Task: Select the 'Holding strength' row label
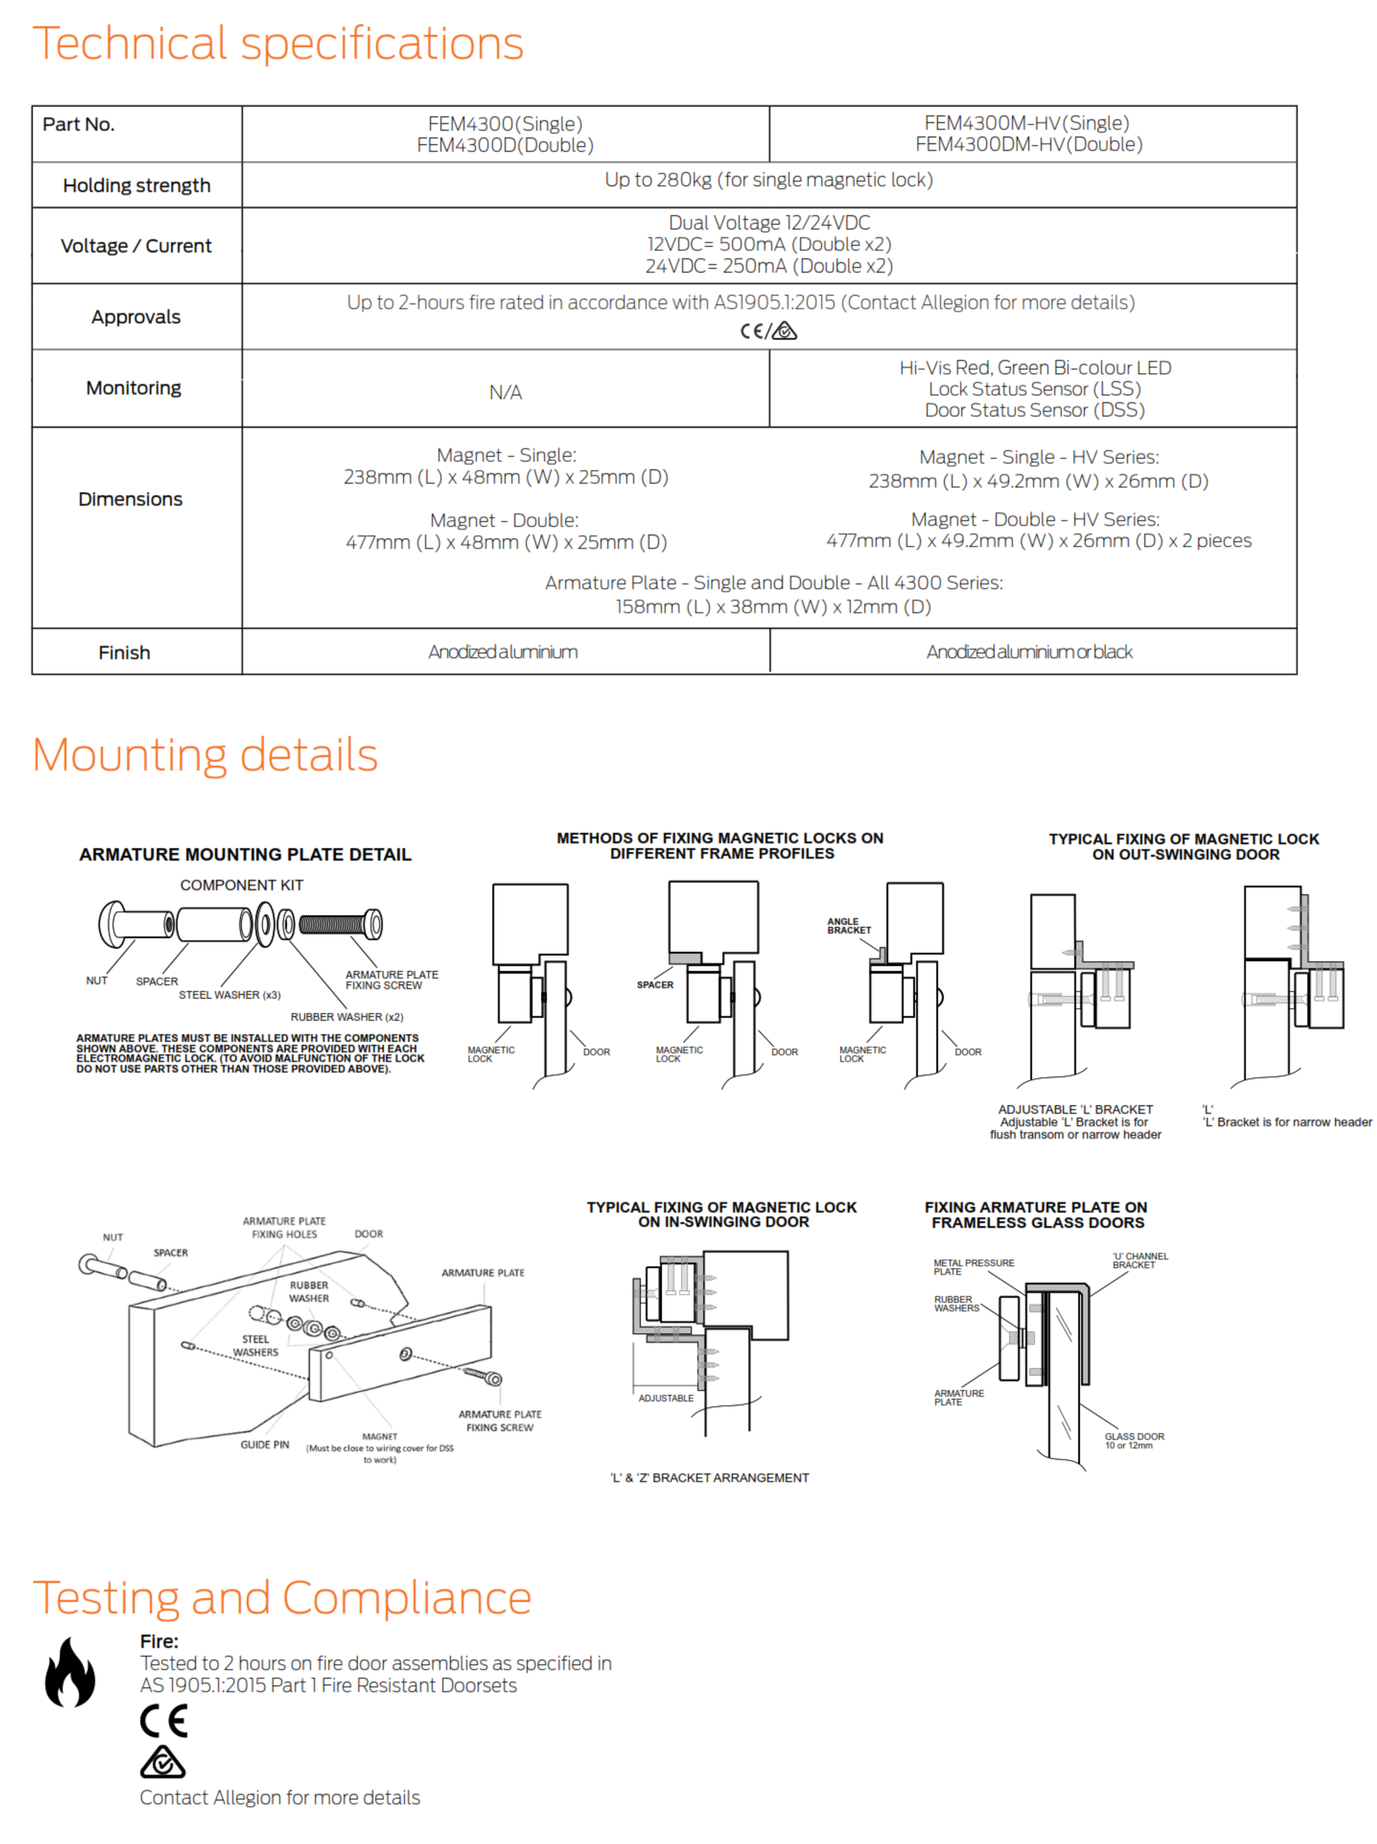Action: [x=137, y=185]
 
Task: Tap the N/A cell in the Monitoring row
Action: [x=505, y=393]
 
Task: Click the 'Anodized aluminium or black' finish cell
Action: [x=1029, y=652]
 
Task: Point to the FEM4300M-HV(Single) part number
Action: [x=1027, y=123]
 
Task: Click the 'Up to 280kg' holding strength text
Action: [x=768, y=180]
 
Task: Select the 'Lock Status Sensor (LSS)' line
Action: [x=1034, y=389]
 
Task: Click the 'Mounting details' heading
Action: [x=205, y=754]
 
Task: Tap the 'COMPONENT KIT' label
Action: [x=242, y=886]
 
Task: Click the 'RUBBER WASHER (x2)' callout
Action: [x=346, y=1017]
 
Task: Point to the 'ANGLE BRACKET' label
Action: [x=848, y=926]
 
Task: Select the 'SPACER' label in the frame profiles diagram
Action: [x=655, y=985]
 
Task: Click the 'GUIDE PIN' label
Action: [x=265, y=1444]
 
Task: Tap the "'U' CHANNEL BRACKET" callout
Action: [x=1139, y=1260]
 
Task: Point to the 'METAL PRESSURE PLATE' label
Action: [x=973, y=1267]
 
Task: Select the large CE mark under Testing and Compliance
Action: [x=164, y=1721]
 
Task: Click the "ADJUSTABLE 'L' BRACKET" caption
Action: [x=1075, y=1109]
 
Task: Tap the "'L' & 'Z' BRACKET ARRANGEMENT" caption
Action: [x=710, y=1478]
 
